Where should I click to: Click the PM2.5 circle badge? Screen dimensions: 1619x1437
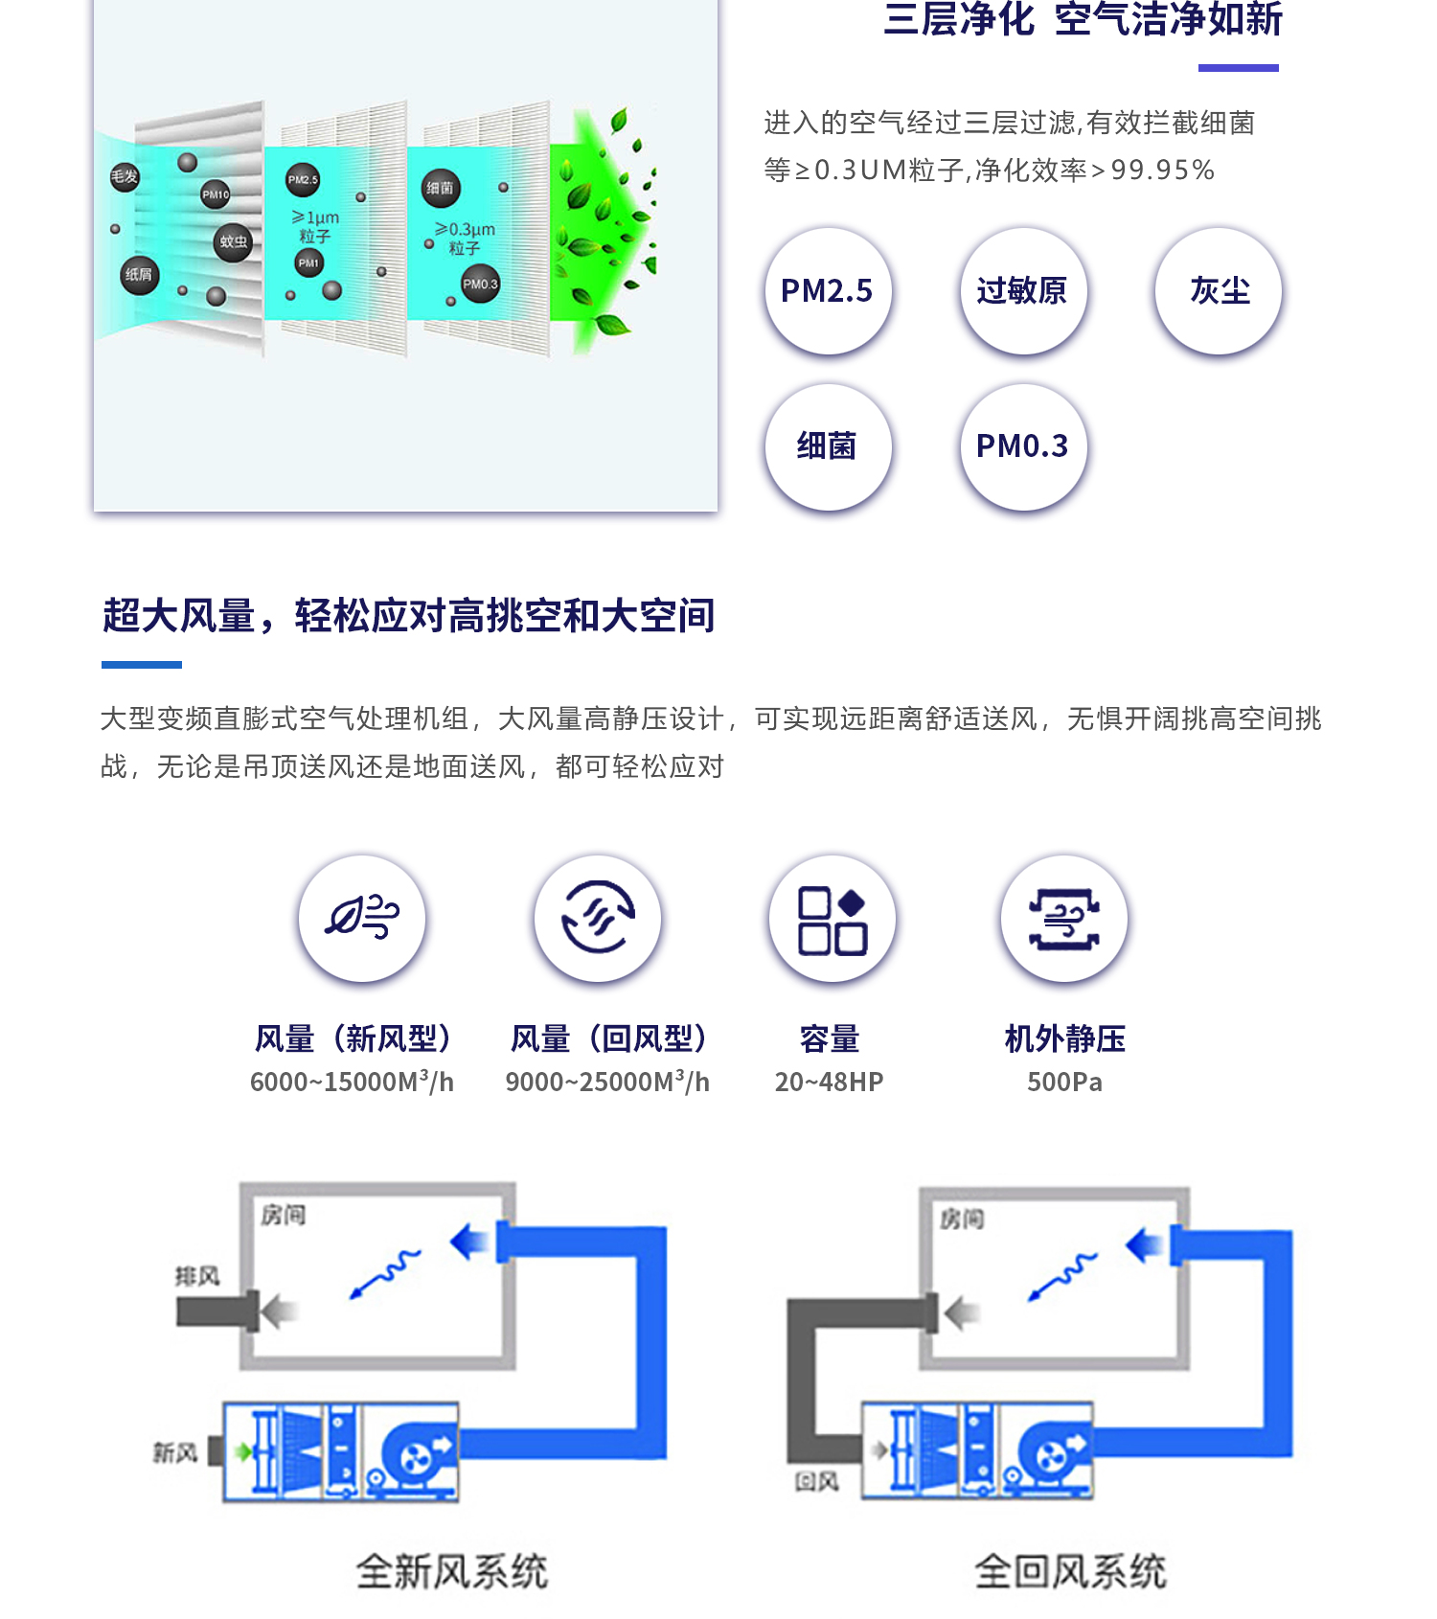click(828, 291)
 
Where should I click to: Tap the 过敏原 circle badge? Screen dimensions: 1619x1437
click(1022, 291)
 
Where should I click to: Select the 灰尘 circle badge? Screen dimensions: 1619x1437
click(1219, 291)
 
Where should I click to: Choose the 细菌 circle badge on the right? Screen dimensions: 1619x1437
click(828, 446)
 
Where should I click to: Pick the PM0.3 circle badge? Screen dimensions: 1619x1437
click(1022, 446)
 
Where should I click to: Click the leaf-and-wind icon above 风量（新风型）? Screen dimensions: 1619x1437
click(362, 918)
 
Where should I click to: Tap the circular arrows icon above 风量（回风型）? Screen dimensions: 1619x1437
click(598, 918)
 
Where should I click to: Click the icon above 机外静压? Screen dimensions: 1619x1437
click(1064, 918)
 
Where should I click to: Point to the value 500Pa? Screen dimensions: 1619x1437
click(1064, 1083)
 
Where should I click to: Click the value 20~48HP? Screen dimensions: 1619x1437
click(829, 1083)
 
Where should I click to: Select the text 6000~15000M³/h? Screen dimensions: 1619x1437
click(352, 1083)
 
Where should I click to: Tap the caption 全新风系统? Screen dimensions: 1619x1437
click(451, 1572)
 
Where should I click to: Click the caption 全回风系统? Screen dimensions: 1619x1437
click(1070, 1572)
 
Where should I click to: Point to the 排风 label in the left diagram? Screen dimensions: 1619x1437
click(196, 1276)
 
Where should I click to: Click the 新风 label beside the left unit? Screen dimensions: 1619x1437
click(175, 1453)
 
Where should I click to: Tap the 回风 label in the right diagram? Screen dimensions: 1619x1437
click(816, 1482)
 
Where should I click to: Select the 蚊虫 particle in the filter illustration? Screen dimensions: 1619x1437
click(233, 242)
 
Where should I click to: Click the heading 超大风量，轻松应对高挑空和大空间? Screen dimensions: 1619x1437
click(409, 616)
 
